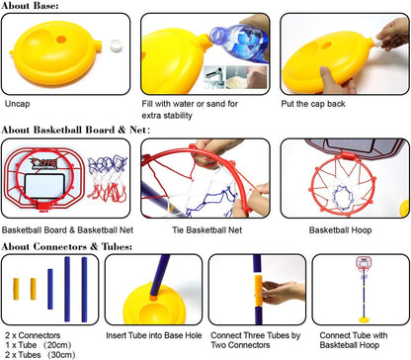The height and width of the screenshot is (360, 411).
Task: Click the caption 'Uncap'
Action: click(x=17, y=102)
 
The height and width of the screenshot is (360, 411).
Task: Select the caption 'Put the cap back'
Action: click(x=314, y=102)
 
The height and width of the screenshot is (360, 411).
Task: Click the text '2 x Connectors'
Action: click(x=32, y=336)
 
